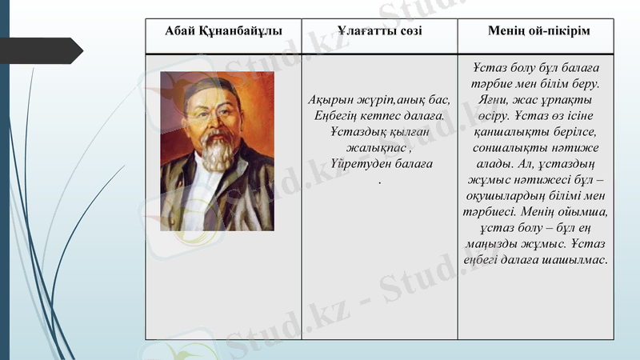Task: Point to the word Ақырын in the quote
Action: pos(330,100)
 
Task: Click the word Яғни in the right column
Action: pos(489,99)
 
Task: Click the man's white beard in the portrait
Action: pos(214,152)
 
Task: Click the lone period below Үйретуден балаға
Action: pos(379,181)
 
